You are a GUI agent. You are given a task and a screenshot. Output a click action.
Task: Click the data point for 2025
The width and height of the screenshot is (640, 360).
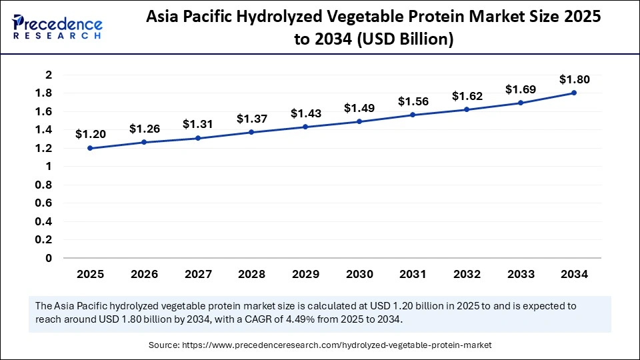[90, 148]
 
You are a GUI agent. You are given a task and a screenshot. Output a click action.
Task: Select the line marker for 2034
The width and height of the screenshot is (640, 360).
[574, 93]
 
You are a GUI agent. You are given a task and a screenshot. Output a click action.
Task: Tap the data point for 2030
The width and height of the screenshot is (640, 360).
[359, 121]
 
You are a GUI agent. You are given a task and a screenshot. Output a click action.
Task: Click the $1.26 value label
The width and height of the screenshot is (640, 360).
[143, 128]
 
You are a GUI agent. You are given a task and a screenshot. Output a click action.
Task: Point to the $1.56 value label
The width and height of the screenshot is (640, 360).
[413, 101]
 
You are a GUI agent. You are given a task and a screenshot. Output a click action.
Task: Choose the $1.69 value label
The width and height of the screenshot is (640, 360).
[520, 89]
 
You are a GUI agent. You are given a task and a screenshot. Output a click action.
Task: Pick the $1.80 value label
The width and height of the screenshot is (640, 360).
[574, 79]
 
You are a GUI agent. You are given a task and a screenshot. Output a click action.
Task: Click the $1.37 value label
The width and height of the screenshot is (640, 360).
[251, 119]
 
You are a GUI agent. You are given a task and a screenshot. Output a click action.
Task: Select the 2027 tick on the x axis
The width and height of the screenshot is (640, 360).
[197, 274]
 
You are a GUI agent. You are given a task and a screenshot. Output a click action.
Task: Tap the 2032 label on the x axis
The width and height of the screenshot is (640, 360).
[467, 274]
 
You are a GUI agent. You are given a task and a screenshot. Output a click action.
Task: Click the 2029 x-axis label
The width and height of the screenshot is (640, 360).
[305, 274]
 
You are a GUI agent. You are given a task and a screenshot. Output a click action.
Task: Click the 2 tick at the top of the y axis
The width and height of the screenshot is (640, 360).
[49, 75]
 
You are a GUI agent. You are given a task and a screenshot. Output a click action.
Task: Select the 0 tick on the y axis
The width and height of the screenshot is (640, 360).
[49, 258]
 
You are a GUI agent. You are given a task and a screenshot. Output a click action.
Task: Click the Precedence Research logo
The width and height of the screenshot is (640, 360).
[57, 27]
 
